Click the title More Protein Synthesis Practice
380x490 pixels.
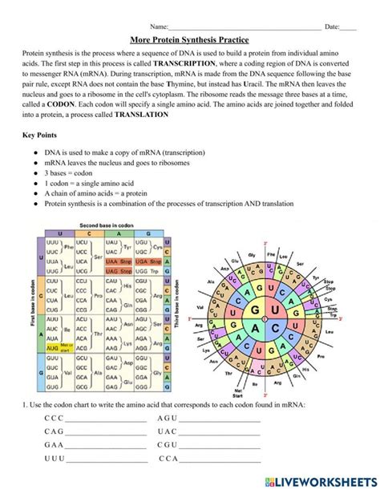190,39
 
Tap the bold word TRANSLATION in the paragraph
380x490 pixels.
141,115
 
